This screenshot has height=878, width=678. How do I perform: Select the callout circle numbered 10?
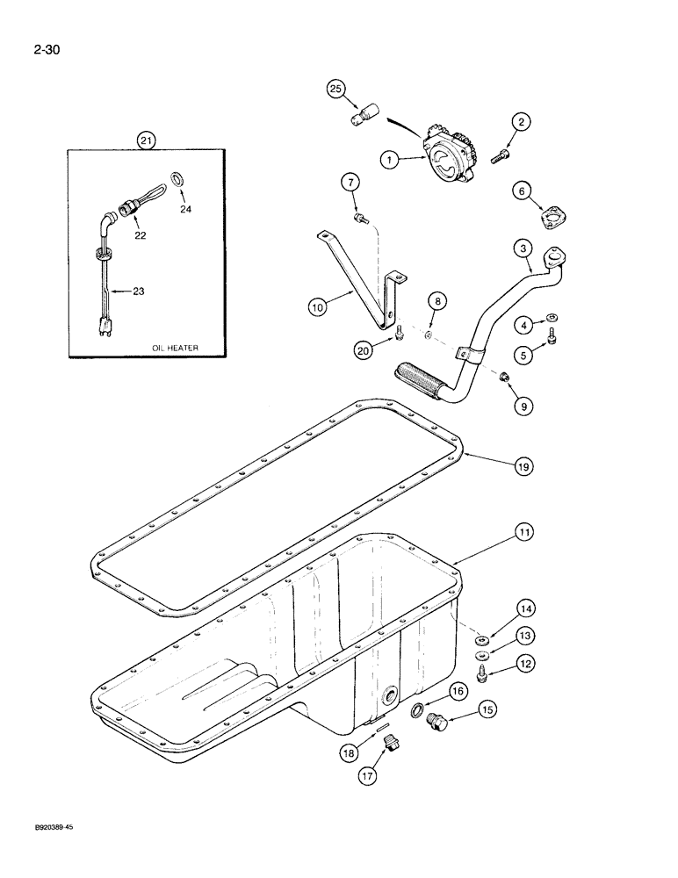coord(318,306)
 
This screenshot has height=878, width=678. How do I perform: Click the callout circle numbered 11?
coord(523,532)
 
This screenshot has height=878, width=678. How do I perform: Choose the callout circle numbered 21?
coord(146,139)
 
